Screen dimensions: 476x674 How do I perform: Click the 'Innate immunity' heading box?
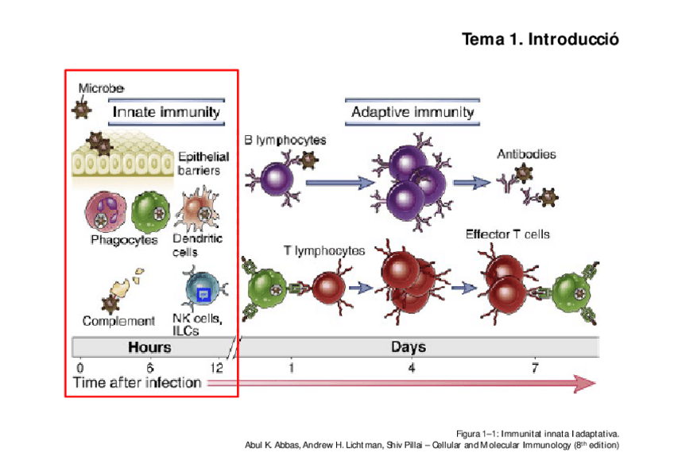[x=166, y=112]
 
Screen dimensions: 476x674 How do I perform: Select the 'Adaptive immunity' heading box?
[x=413, y=112]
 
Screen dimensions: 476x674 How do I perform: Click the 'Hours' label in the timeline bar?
[x=149, y=347]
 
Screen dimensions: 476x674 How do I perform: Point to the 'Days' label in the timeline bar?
[x=409, y=347]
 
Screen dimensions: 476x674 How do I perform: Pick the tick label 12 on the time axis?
[x=216, y=368]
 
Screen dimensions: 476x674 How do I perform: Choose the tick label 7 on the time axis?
[x=535, y=368]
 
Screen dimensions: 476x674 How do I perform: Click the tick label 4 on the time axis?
[x=411, y=368]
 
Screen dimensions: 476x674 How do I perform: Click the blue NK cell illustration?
[x=201, y=292]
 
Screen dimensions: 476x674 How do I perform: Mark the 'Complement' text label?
[x=118, y=321]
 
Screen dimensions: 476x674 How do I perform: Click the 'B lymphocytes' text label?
[x=285, y=140]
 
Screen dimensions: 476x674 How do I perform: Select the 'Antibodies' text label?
[x=526, y=153]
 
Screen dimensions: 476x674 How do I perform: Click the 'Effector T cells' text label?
[x=507, y=234]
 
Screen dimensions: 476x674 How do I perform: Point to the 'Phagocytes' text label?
[x=124, y=238]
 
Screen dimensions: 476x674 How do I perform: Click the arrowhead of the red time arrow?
[x=586, y=383]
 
